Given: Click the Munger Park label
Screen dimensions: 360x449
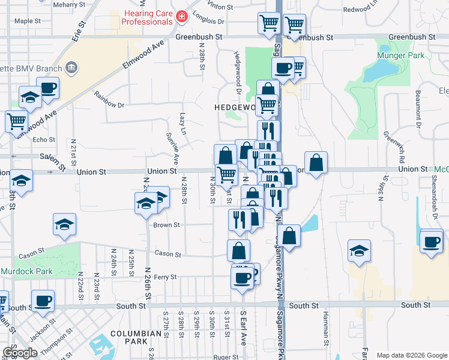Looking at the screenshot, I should (x=401, y=56).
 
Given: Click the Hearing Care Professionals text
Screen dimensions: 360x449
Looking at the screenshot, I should (x=146, y=17).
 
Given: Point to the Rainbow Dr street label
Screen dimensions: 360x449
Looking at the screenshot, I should (x=109, y=100).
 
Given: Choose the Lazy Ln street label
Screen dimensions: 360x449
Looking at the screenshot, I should (x=184, y=124).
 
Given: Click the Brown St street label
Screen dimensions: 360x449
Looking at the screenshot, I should (x=167, y=225).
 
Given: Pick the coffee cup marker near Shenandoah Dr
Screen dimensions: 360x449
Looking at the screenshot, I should (x=431, y=241).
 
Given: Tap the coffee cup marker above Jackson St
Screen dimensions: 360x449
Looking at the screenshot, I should (x=43, y=301).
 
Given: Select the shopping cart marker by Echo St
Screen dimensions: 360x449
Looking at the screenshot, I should (x=16, y=121).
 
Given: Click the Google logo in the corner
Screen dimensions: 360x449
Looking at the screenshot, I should (x=20, y=353).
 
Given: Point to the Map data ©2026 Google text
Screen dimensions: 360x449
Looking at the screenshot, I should (x=411, y=355).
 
